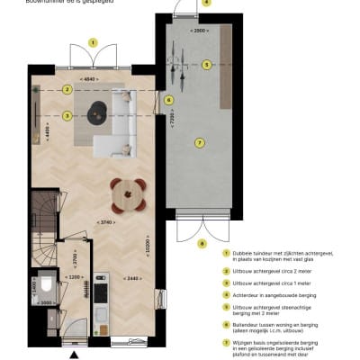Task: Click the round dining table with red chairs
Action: click(x=128, y=192)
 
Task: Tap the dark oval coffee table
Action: click(x=97, y=111)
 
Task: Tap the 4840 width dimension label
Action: click(x=89, y=80)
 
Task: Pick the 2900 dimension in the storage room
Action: click(x=200, y=31)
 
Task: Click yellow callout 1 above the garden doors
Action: click(x=92, y=41)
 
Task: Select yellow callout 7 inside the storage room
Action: click(x=200, y=141)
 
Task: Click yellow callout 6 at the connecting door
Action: click(x=169, y=100)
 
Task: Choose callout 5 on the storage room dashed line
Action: click(x=206, y=64)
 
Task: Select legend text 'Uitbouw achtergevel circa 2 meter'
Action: click(x=266, y=268)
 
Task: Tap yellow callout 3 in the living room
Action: click(x=67, y=115)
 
